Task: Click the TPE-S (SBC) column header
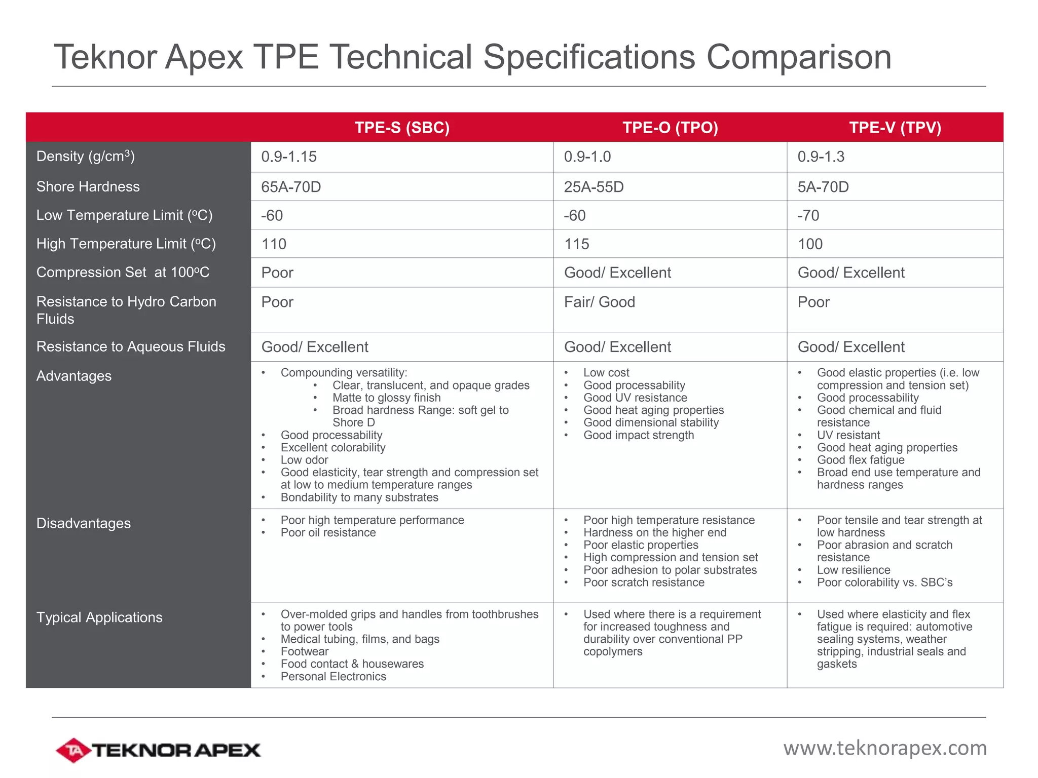(x=402, y=128)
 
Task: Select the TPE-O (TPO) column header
(x=670, y=128)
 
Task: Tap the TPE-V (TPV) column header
(x=895, y=128)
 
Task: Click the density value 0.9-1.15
(x=289, y=157)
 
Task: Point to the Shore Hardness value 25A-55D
(x=594, y=187)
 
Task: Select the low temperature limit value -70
(x=808, y=216)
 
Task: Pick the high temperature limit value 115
(x=577, y=244)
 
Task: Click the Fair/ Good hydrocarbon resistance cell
(x=600, y=302)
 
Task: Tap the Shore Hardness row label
(x=88, y=187)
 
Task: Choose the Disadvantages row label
(x=84, y=524)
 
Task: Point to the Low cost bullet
(x=606, y=373)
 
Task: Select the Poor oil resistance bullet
(x=328, y=533)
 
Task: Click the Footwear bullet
(x=305, y=652)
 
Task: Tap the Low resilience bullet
(x=854, y=570)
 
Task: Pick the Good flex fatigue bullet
(x=861, y=460)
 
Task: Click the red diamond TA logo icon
(x=73, y=750)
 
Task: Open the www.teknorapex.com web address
(x=885, y=748)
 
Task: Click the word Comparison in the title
(x=799, y=57)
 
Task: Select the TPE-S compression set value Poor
(x=277, y=273)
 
